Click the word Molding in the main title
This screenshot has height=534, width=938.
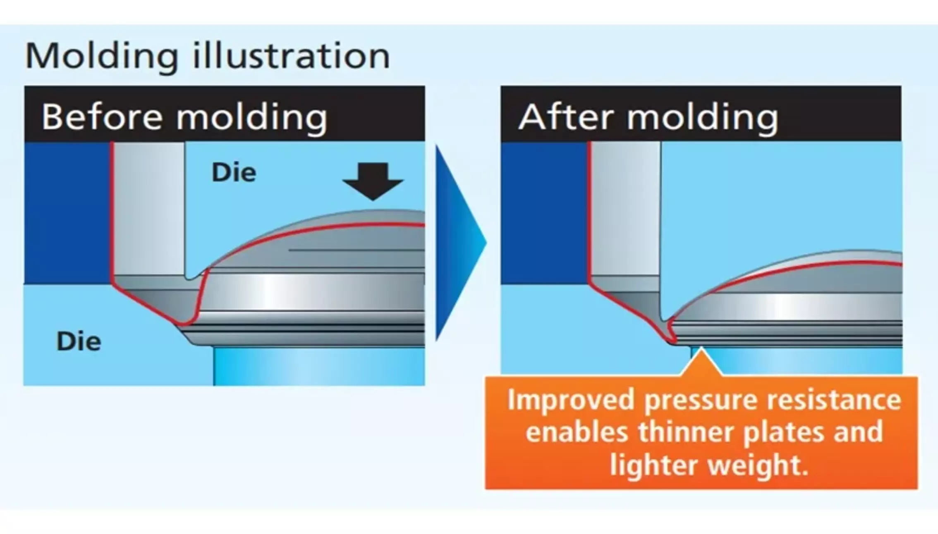[x=102, y=57]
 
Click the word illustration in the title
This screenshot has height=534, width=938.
[x=292, y=56]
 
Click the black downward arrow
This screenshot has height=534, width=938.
[x=373, y=181]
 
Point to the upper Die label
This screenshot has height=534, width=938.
[x=234, y=172]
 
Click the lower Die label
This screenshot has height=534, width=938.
[x=79, y=342]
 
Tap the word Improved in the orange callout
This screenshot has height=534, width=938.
[x=571, y=400]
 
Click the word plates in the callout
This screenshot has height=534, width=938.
[x=784, y=433]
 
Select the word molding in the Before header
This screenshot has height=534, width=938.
[x=252, y=118]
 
